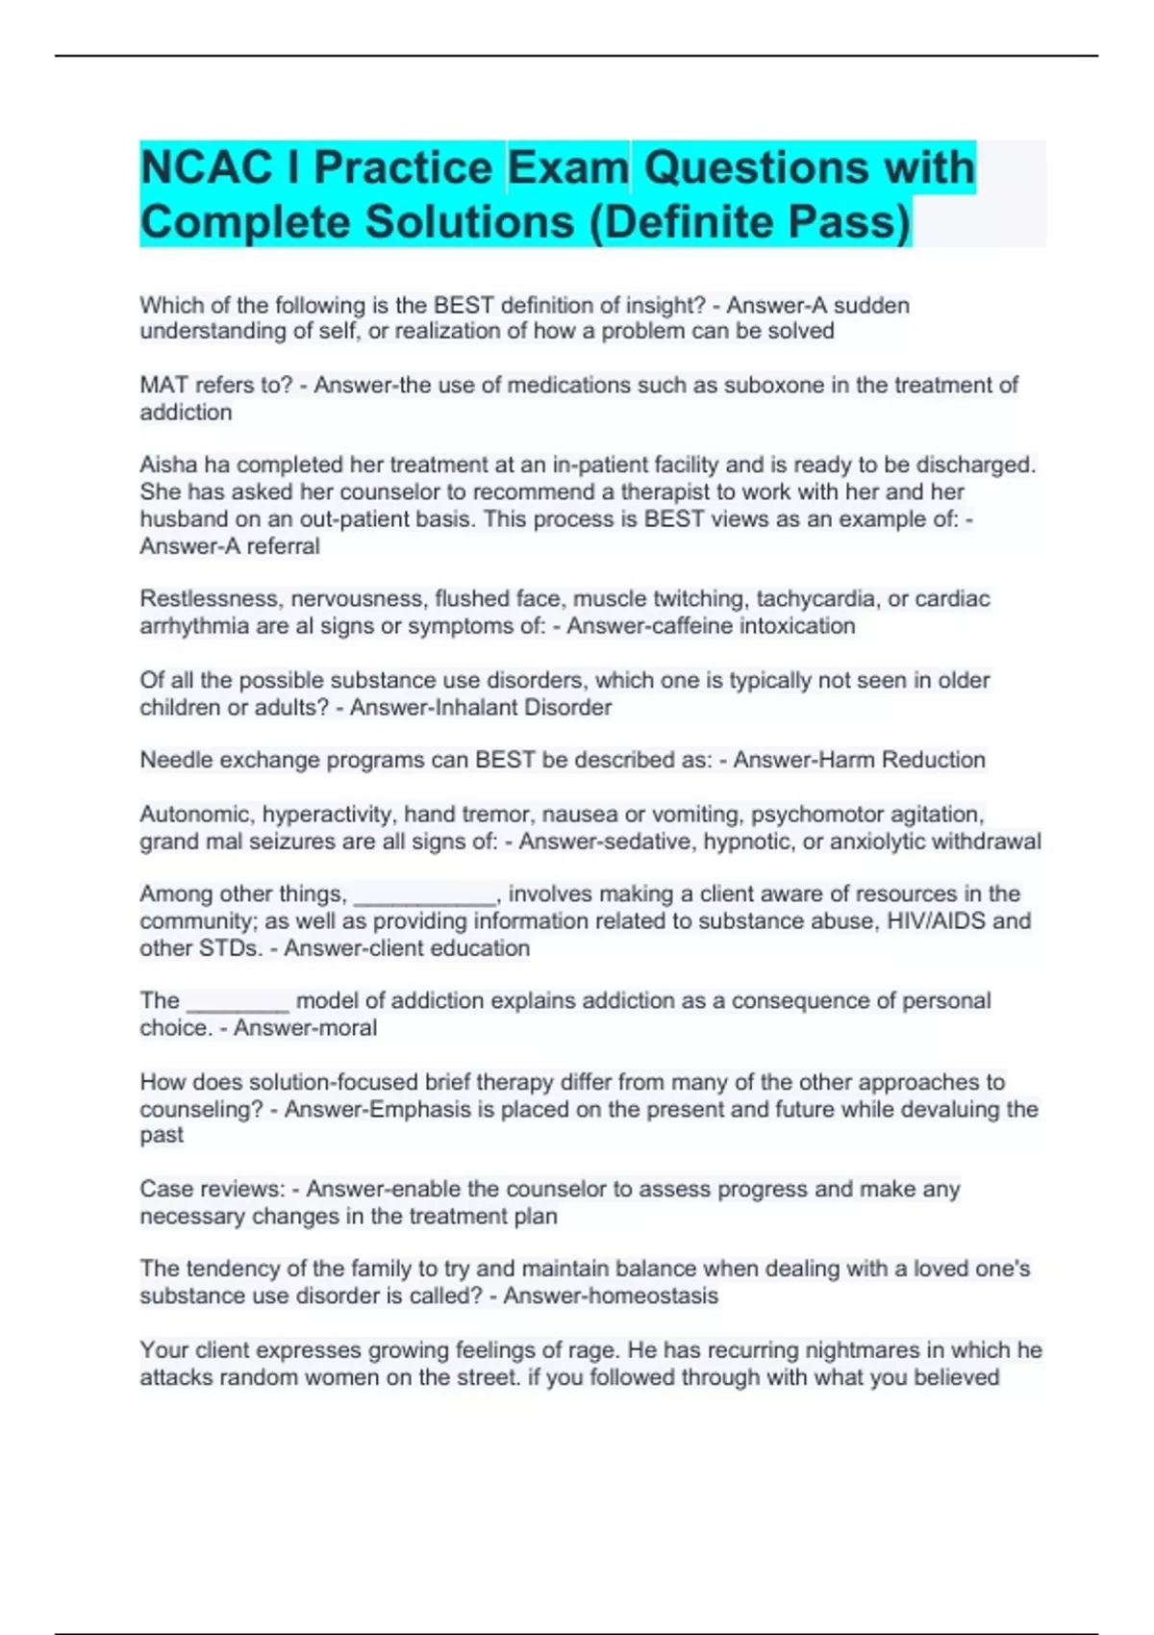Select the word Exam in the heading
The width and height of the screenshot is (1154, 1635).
click(568, 167)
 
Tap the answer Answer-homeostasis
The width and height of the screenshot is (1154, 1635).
click(611, 1296)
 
